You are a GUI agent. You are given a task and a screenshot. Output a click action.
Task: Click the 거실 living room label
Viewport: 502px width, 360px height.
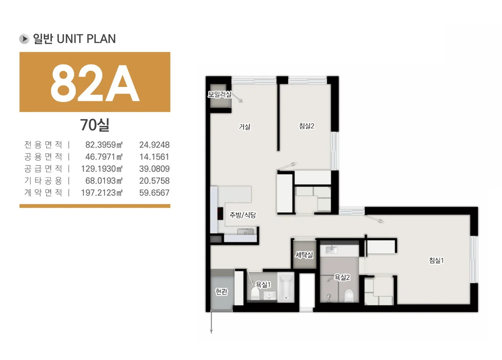click(244, 127)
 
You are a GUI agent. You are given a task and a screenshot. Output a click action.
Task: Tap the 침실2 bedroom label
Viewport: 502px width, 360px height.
click(307, 126)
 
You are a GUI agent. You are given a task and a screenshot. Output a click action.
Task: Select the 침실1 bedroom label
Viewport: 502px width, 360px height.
click(436, 260)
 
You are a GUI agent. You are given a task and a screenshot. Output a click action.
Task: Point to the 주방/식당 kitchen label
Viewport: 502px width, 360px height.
click(243, 215)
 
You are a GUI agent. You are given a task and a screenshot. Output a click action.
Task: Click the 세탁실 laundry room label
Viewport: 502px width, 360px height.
click(304, 255)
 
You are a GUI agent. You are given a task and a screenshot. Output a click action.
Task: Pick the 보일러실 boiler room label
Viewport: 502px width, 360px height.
click(220, 94)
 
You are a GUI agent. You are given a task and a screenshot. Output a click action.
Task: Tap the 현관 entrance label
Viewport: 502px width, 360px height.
click(221, 291)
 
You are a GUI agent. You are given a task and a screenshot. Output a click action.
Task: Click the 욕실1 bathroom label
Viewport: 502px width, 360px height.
click(263, 285)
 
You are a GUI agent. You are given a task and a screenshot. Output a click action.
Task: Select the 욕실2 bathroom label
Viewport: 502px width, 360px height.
click(342, 278)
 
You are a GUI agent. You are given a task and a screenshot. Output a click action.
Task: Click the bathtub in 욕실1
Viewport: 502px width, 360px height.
click(286, 287)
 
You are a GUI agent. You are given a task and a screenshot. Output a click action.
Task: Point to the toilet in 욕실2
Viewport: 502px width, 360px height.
click(349, 296)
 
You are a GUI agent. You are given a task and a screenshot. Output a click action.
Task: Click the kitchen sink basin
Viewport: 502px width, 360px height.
click(246, 232)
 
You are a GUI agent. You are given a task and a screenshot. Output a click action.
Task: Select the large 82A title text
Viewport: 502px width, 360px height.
click(95, 83)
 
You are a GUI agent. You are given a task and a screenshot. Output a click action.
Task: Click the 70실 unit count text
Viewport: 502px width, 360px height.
click(95, 125)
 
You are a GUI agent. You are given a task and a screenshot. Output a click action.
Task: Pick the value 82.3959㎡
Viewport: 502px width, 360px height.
click(104, 145)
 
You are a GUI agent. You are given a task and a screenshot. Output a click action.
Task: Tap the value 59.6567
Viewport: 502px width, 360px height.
click(154, 193)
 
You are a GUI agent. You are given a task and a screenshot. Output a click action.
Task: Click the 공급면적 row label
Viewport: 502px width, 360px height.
click(43, 169)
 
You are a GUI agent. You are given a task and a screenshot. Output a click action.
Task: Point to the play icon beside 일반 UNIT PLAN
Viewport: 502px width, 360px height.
click(24, 39)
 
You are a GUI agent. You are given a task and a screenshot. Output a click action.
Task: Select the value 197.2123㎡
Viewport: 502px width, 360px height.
click(102, 193)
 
